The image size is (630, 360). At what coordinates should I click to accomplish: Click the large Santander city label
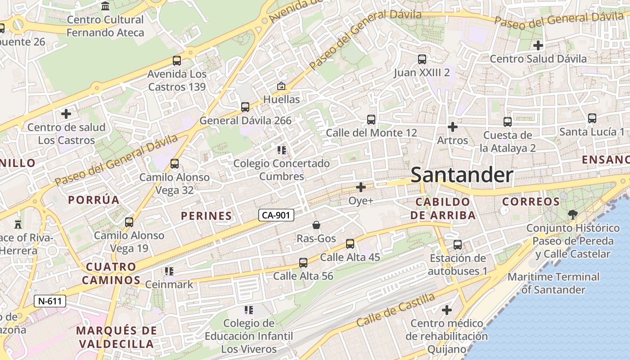coord(462,175)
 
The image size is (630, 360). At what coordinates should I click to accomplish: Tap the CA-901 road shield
coord(276,215)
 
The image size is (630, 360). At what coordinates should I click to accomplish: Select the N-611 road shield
coord(50,301)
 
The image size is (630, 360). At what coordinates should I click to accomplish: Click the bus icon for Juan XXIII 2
coord(422,59)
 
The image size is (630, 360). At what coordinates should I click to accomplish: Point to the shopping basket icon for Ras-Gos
coord(316,225)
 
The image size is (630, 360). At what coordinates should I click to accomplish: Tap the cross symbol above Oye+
coord(361,187)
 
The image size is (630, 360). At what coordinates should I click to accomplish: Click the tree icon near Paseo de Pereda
coord(572,214)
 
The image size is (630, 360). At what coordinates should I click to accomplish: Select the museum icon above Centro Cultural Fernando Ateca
coord(105,6)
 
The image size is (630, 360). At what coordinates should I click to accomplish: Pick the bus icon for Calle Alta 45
coord(350,244)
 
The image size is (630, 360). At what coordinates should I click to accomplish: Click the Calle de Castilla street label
coord(396,310)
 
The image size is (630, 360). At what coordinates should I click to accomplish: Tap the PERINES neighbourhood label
coord(206,216)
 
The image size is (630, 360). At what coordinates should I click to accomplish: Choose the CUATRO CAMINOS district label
coord(111,273)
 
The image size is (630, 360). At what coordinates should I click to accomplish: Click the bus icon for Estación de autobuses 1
coord(458,245)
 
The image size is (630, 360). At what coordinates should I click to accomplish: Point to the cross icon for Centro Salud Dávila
coord(538,45)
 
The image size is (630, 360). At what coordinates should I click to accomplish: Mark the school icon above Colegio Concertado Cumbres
coord(282,150)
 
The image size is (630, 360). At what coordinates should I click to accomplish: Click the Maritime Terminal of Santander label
coord(553,283)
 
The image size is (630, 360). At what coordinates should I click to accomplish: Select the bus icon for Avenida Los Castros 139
coord(177,60)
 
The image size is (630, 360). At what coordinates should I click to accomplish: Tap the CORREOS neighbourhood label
coord(531,202)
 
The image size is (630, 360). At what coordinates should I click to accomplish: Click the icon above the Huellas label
coord(281,85)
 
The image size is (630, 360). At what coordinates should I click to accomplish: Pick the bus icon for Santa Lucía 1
coord(592,118)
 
